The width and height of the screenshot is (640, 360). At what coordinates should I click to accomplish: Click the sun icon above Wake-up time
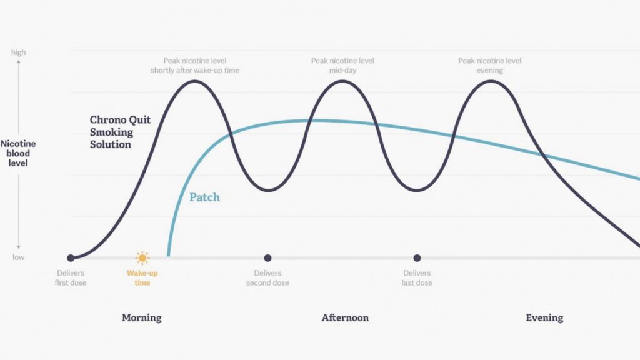pyautogui.click(x=142, y=258)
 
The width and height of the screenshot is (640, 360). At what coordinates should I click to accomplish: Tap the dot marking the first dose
pyautogui.click(x=71, y=258)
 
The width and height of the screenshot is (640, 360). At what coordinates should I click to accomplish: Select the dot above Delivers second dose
pyautogui.click(x=267, y=258)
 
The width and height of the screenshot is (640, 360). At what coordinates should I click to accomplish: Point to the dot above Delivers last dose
pyautogui.click(x=417, y=258)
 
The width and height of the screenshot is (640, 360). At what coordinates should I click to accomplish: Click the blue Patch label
pyautogui.click(x=204, y=197)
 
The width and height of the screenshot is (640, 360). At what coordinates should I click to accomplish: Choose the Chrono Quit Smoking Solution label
pyautogui.click(x=120, y=132)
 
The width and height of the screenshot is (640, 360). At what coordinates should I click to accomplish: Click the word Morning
pyautogui.click(x=142, y=317)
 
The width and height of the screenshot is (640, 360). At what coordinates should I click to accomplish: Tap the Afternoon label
pyautogui.click(x=345, y=317)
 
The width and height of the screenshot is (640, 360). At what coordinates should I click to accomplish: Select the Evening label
pyautogui.click(x=544, y=317)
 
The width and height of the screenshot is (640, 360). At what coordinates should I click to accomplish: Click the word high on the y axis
pyautogui.click(x=18, y=52)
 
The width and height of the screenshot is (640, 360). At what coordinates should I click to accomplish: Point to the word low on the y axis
pyautogui.click(x=18, y=257)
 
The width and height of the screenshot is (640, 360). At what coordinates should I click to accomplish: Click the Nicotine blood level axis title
pyautogui.click(x=18, y=153)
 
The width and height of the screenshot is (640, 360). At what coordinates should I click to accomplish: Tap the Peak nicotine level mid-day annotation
pyautogui.click(x=342, y=65)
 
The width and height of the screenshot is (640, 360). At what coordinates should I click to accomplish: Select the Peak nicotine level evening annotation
pyautogui.click(x=490, y=65)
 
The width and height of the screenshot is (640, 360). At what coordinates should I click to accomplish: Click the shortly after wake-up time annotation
pyautogui.click(x=195, y=70)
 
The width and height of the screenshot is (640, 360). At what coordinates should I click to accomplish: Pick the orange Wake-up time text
pyautogui.click(x=142, y=278)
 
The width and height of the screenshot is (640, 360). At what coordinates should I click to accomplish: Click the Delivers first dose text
pyautogui.click(x=71, y=278)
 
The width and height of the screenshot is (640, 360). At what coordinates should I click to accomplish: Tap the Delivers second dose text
pyautogui.click(x=267, y=278)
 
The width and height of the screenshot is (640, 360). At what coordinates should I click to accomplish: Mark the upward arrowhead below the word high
pyautogui.click(x=18, y=62)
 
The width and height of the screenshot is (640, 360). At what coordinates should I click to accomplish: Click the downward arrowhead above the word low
pyautogui.click(x=18, y=247)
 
